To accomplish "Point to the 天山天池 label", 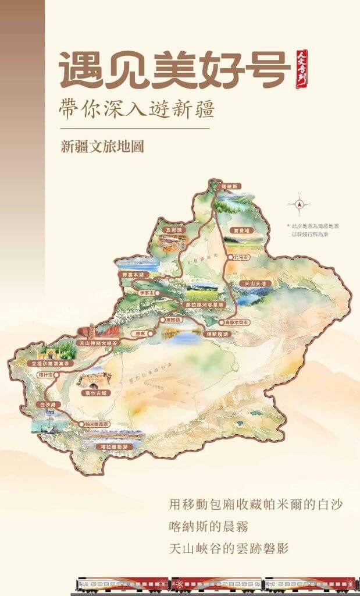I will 255,283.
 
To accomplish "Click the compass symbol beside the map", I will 300,205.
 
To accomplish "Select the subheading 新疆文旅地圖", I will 102,146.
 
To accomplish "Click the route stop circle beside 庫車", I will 151,334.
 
